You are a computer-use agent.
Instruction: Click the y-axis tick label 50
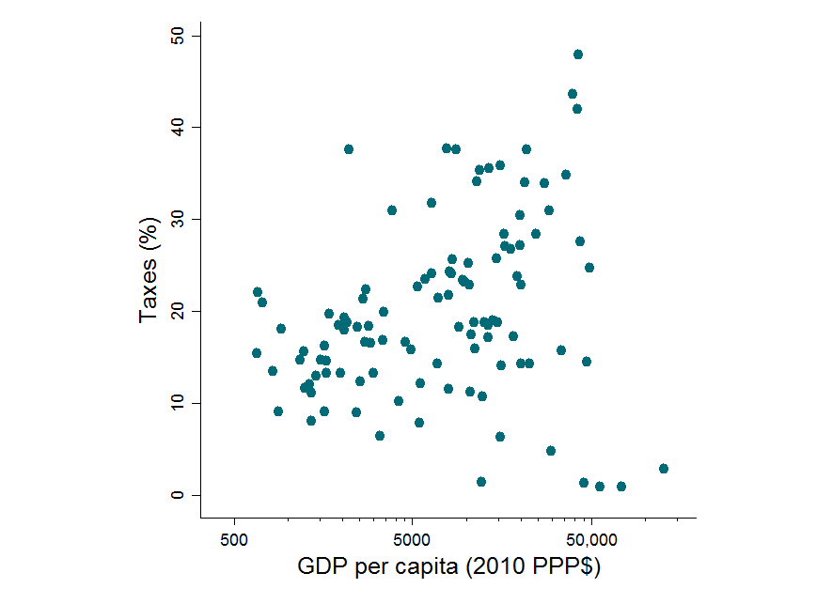181,36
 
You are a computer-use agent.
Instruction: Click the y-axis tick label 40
181,127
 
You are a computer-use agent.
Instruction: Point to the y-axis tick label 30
181,219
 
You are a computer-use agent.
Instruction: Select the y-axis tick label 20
181,311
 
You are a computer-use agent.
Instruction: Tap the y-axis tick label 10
181,403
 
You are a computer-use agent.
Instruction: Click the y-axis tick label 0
181,495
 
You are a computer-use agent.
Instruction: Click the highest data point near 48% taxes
578,54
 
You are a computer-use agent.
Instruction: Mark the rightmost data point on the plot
664,469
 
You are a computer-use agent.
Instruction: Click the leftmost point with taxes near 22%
258,292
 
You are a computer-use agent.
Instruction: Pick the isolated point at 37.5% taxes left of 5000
349,149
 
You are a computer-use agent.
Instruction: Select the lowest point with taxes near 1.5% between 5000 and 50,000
481,482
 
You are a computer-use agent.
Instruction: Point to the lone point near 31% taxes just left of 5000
392,210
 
